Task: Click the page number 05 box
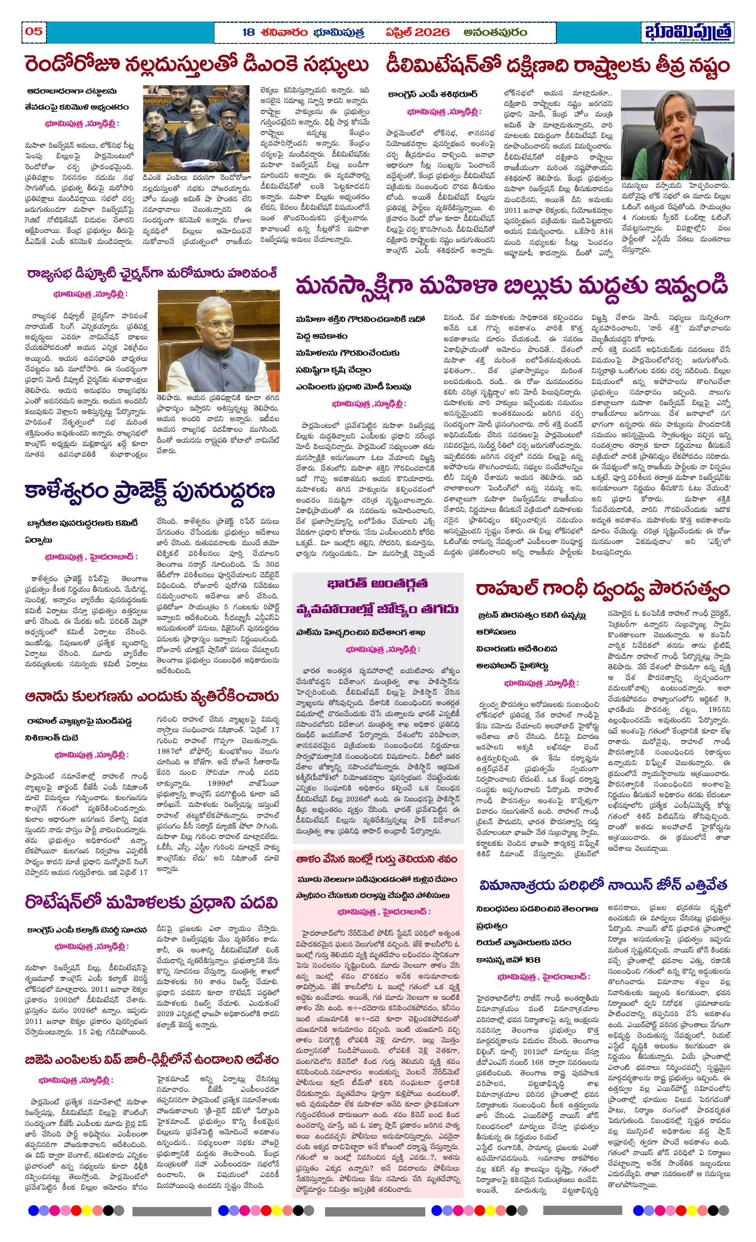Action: tap(34, 31)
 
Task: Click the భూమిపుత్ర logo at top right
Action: tap(688, 32)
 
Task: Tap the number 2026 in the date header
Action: tap(432, 32)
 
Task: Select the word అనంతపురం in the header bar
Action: tap(495, 32)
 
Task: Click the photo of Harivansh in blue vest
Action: tap(218, 341)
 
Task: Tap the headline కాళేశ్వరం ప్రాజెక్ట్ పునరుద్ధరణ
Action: tap(150, 490)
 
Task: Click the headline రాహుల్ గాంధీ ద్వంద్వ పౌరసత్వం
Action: tap(603, 589)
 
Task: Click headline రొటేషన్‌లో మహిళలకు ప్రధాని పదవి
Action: tap(151, 902)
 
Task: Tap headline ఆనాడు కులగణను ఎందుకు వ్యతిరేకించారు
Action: tap(151, 697)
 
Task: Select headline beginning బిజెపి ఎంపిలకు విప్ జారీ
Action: tap(151, 1060)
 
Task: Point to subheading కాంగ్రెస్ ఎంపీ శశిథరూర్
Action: tap(432, 94)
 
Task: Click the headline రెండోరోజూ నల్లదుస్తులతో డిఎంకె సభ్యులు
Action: tap(197, 65)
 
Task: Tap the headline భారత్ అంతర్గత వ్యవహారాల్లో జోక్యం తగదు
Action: tap(377, 596)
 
